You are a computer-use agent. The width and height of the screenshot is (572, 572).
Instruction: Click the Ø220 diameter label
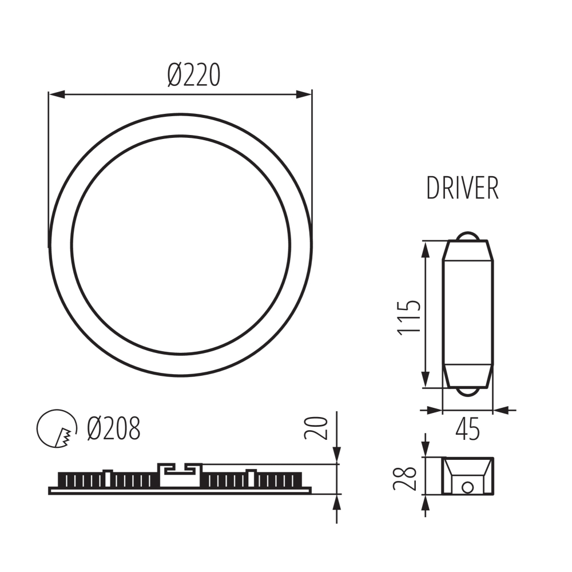pos(194,76)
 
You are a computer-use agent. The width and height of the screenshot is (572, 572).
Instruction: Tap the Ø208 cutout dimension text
pos(114,428)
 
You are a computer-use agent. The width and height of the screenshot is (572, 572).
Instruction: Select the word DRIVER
pos(462,188)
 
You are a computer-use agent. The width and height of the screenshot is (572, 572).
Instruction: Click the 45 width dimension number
pos(467,430)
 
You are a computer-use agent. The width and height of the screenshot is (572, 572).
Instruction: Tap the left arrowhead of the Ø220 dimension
pos(55,94)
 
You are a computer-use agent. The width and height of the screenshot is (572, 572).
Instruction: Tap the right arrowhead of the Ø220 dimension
pos(306,94)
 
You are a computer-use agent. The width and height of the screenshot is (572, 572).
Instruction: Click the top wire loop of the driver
pos(468,236)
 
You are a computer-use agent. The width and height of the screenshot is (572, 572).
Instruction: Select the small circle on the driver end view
pos(468,487)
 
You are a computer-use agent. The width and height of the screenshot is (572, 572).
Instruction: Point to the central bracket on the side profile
pos(179,475)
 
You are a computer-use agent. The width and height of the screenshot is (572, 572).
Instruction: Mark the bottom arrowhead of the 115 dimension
pos(426,380)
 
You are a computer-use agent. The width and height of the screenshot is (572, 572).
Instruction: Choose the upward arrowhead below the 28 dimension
pos(425,503)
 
